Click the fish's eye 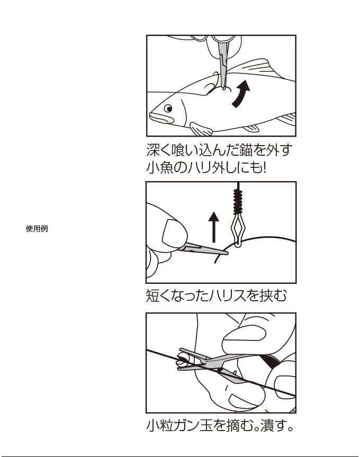point(168,109)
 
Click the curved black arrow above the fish point(241,93)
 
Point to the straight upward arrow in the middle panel point(214,227)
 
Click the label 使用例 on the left point(37,229)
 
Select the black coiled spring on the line point(238,201)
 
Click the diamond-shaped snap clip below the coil point(238,230)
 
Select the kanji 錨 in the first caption point(242,150)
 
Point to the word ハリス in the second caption point(228,295)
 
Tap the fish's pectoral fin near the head point(201,129)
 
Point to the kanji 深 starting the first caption point(154,150)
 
